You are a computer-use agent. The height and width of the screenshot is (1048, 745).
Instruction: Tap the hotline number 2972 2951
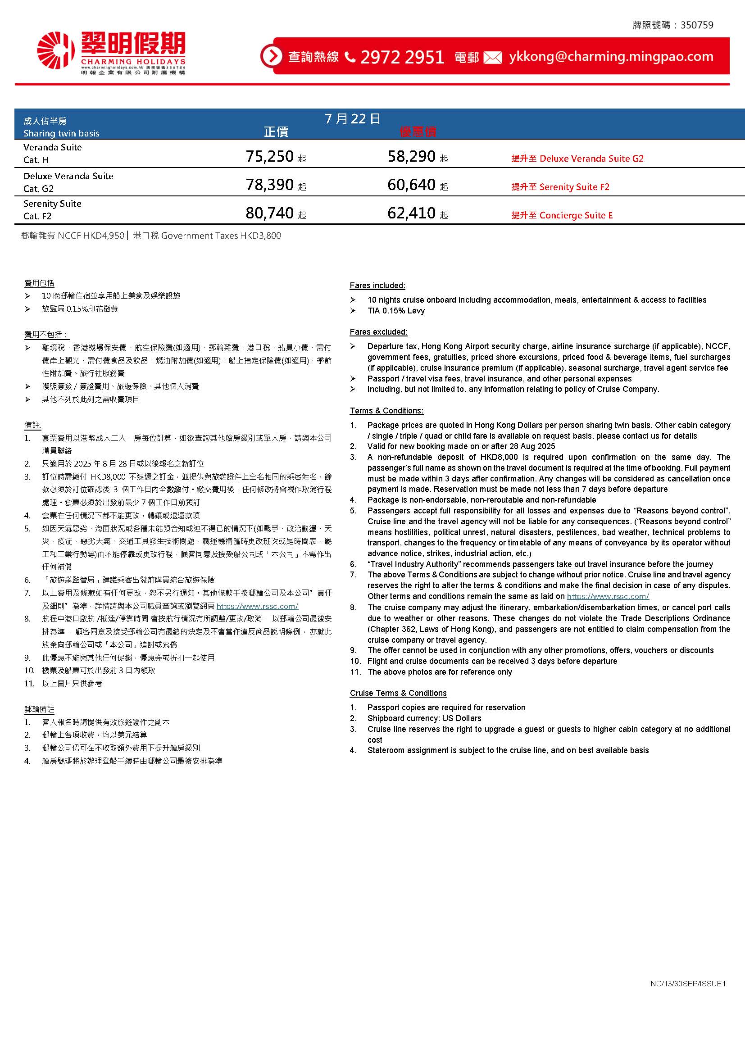402,57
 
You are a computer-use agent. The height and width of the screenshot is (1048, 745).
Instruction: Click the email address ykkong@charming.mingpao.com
611,56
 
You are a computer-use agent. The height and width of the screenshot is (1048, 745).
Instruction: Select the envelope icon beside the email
493,58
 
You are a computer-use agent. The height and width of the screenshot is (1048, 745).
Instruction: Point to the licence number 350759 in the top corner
697,25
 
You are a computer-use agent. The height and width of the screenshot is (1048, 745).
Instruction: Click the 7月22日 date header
352,119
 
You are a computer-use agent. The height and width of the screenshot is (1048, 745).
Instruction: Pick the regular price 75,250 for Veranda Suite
270,156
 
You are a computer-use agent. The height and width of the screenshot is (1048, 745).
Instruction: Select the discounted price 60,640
412,185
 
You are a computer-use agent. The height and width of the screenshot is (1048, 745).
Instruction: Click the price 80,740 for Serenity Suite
270,213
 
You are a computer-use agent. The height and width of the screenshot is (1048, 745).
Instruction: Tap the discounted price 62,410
412,213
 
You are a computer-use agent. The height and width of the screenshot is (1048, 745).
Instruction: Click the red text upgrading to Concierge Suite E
562,215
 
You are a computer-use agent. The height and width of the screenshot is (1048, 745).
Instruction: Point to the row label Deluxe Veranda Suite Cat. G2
68,182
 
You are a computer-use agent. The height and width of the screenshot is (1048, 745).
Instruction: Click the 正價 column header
276,132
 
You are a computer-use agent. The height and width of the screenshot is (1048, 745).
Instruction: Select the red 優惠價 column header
418,132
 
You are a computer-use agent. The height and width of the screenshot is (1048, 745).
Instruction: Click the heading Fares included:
377,285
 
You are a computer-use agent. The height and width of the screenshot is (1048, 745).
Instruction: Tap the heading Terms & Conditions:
387,410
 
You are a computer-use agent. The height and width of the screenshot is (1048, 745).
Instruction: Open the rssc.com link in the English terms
608,596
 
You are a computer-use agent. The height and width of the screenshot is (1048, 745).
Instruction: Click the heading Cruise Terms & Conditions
398,693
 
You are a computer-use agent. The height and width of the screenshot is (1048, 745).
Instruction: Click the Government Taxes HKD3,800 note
207,236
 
